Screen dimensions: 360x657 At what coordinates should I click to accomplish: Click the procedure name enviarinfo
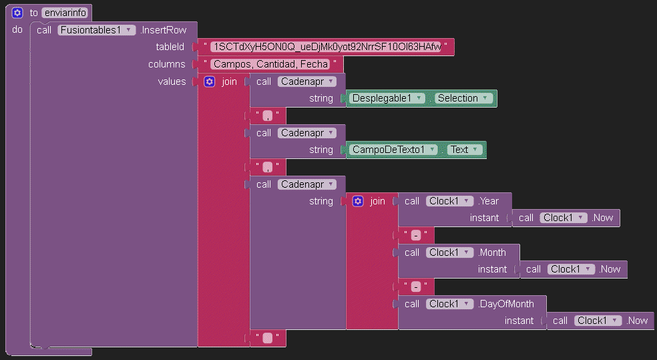coord(65,13)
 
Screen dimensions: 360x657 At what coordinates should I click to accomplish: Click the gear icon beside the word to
coord(17,13)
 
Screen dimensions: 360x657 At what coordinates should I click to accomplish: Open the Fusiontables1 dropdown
coord(96,30)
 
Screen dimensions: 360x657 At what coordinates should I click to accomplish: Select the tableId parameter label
coord(170,47)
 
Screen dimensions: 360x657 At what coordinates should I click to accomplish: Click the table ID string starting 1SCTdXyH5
coord(325,47)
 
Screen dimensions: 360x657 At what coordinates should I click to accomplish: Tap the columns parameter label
coord(167,64)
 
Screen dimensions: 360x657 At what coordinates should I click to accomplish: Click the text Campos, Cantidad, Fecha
coord(270,64)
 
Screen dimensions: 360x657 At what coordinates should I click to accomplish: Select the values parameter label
coord(172,81)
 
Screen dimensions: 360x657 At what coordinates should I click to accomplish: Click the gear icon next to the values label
coord(209,81)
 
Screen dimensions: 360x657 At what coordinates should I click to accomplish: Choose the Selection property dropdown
coord(463,98)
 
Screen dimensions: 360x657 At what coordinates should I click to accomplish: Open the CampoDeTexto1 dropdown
coord(394,150)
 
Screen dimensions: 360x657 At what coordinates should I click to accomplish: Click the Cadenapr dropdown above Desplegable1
coord(306,81)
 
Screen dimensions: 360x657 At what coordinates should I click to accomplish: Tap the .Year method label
coord(489,201)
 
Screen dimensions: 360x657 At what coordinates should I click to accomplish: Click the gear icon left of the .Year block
coord(358,201)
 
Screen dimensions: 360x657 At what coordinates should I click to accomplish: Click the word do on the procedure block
coord(17,30)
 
